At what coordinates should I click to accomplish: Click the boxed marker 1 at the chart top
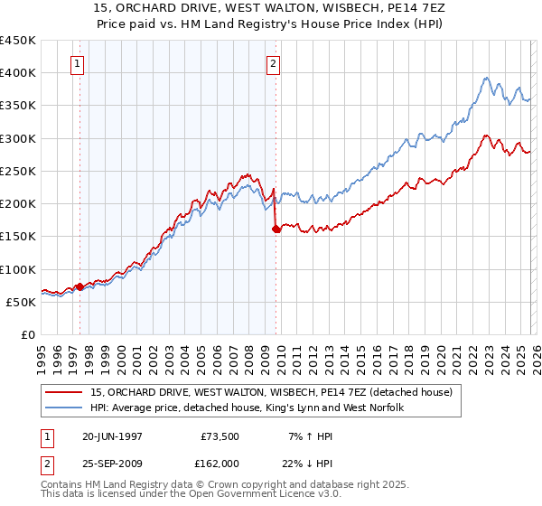[78, 64]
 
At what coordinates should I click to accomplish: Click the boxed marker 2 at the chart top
[273, 64]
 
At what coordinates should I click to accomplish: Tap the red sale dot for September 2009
[276, 230]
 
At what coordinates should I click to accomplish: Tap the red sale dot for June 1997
[79, 286]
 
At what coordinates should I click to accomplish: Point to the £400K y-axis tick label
[18, 73]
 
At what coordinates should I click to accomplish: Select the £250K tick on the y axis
[18, 171]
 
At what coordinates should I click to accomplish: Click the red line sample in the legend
[65, 391]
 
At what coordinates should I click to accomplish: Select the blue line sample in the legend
[65, 408]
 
